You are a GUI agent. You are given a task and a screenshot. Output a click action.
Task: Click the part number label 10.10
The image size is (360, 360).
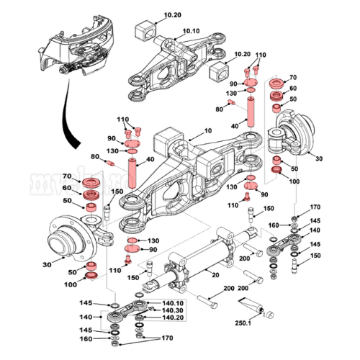click(191, 31)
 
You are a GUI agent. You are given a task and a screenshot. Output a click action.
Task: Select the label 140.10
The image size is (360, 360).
click(174, 303)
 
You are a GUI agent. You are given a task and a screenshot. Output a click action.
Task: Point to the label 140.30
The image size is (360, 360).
click(174, 310)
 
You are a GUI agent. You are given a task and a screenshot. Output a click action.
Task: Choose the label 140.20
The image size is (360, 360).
click(174, 318)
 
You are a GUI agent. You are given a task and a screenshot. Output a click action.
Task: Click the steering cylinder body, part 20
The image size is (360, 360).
click(191, 263)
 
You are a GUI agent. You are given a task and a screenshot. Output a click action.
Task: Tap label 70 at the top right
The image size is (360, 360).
click(293, 76)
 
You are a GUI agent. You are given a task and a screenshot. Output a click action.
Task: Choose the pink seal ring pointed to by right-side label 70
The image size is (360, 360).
click(275, 81)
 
